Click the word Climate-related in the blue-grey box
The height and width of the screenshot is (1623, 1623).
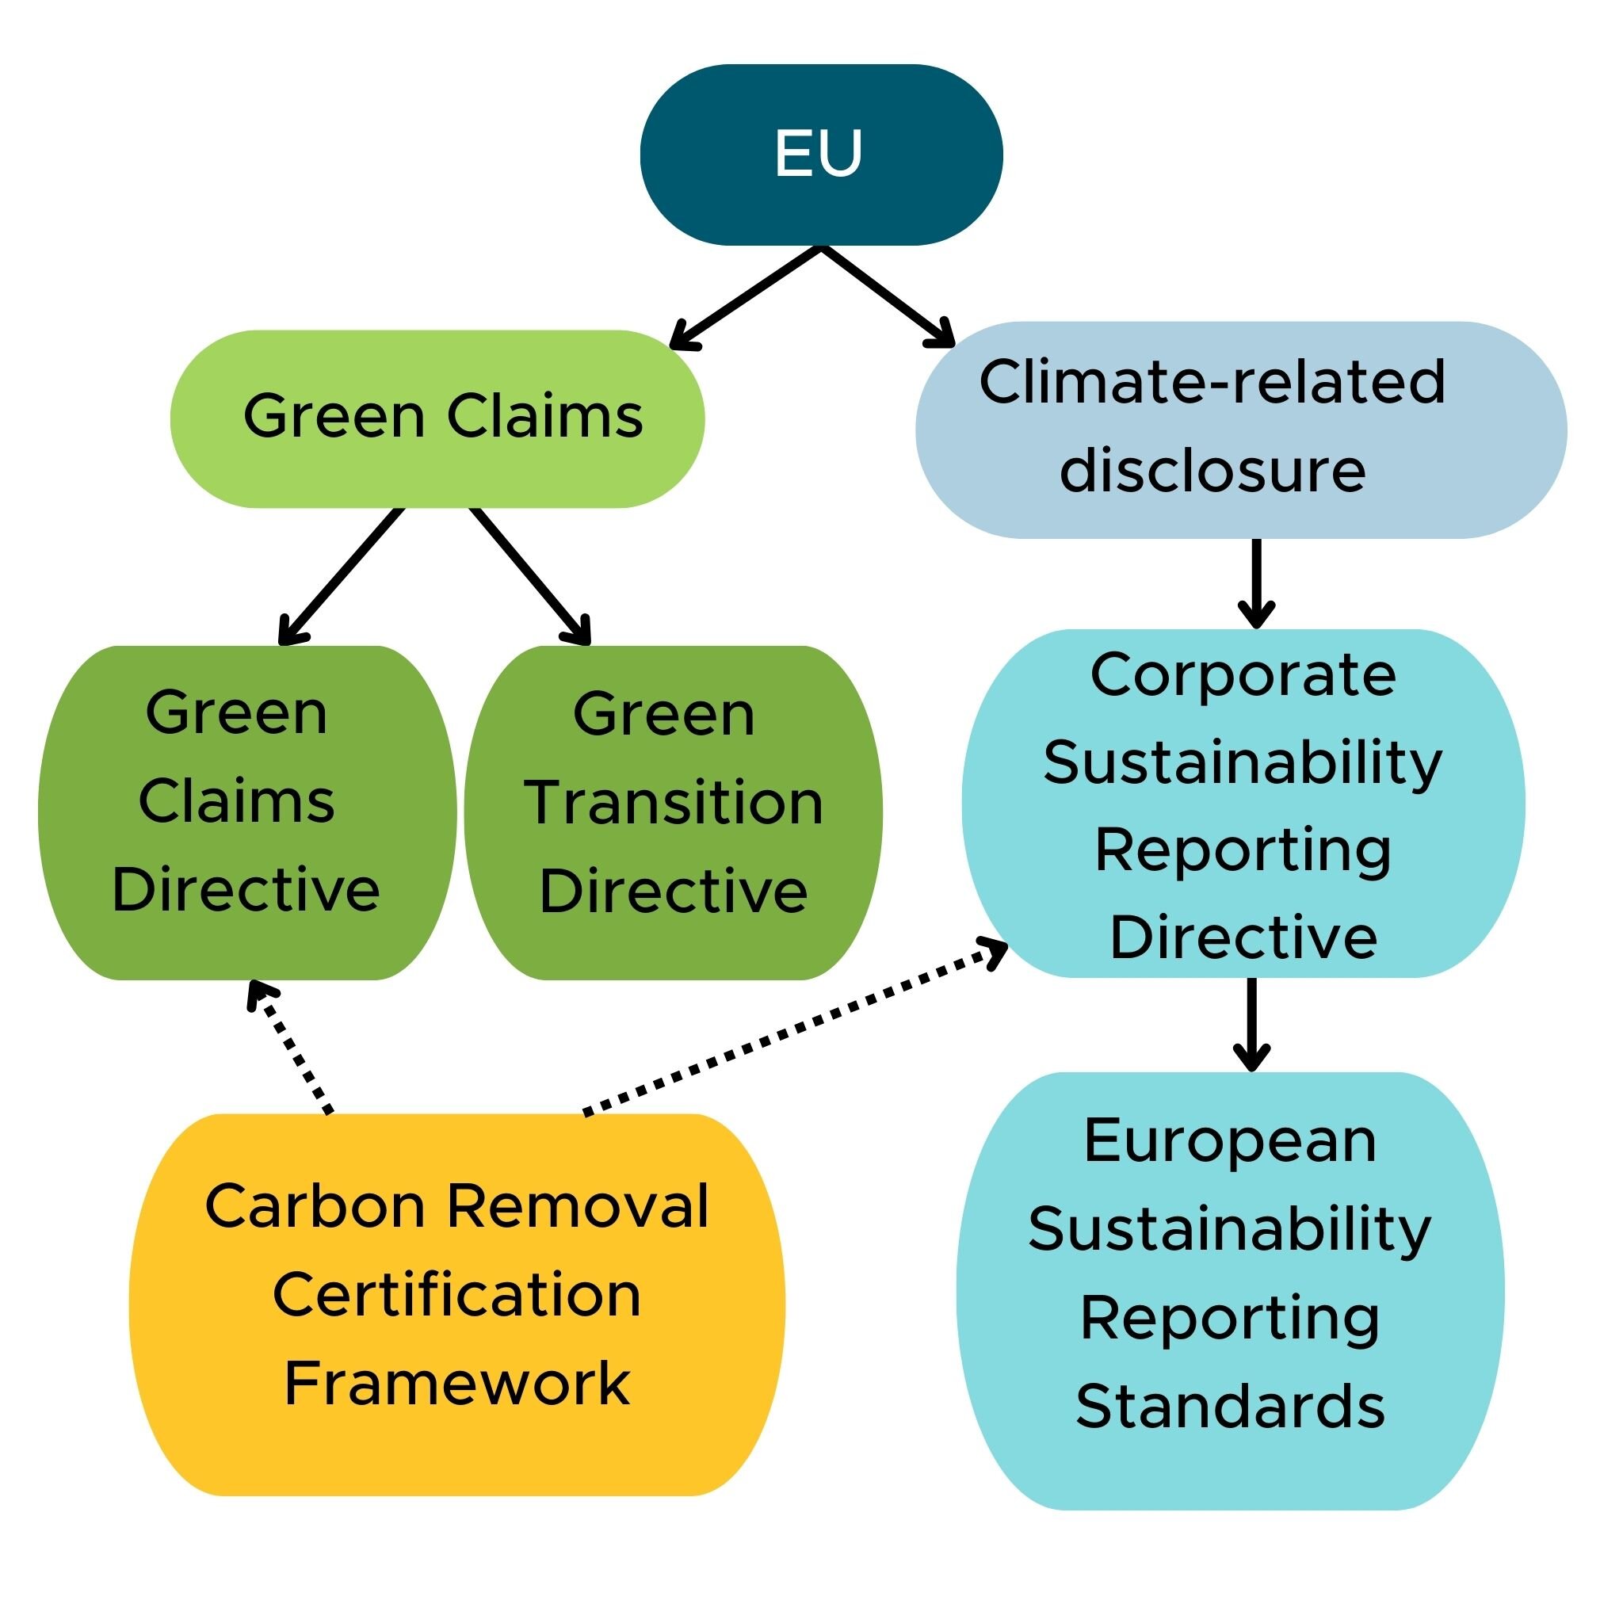point(1212,382)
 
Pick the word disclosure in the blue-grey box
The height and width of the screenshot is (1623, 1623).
point(1212,471)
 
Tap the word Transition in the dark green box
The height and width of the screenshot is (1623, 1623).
point(673,802)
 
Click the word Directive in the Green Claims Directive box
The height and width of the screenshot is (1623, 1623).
point(246,890)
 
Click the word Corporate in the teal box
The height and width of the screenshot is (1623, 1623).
point(1243,674)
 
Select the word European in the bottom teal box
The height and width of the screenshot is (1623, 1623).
point(1230,1141)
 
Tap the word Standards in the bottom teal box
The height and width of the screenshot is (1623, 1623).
point(1230,1407)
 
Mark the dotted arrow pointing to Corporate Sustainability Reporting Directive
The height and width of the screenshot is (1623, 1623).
point(794,1030)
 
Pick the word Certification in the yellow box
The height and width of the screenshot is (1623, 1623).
point(457,1295)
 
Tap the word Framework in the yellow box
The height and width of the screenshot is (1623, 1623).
point(457,1384)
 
